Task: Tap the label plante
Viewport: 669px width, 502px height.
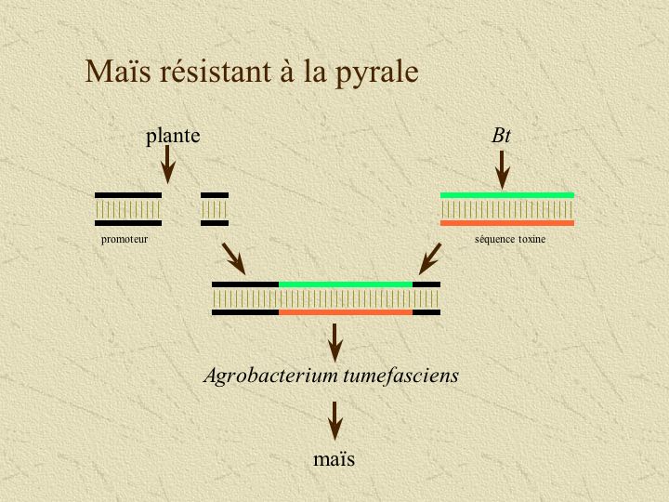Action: point(173,137)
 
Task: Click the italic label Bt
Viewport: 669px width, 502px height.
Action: point(502,136)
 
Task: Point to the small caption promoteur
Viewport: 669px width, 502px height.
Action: point(125,239)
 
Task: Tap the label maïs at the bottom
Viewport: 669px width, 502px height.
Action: point(334,458)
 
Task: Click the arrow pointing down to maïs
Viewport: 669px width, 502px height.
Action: point(334,421)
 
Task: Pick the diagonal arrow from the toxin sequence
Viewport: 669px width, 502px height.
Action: point(429,259)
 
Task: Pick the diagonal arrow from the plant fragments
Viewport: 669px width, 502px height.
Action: point(232,258)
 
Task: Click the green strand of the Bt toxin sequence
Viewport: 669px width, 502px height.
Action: point(506,195)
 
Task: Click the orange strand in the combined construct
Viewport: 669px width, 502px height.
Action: point(345,312)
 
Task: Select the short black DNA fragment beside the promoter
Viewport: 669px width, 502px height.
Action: point(215,209)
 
